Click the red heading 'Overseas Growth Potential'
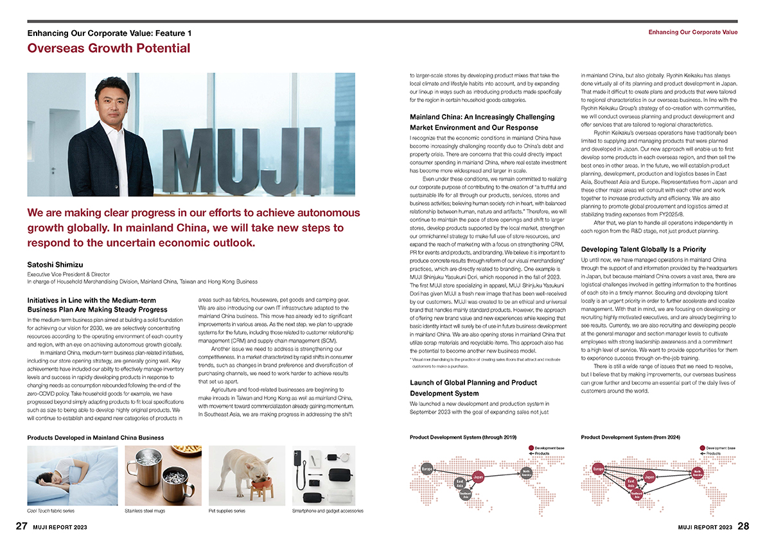point(109,48)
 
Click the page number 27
point(22,527)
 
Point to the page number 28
point(743,527)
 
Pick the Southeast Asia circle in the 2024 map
point(637,494)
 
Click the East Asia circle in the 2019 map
point(460,482)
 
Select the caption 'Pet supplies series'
point(227,511)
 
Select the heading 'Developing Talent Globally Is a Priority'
point(644,249)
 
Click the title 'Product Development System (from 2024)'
point(630,437)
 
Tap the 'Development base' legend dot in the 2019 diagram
point(531,448)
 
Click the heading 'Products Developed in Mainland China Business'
point(96,437)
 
